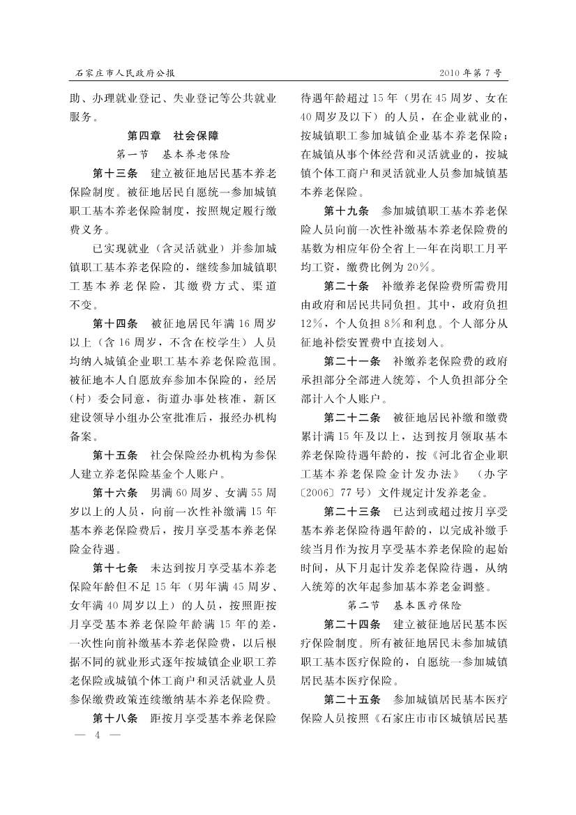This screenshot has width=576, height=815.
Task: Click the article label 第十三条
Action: (x=116, y=172)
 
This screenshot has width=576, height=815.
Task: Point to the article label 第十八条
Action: (x=116, y=717)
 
